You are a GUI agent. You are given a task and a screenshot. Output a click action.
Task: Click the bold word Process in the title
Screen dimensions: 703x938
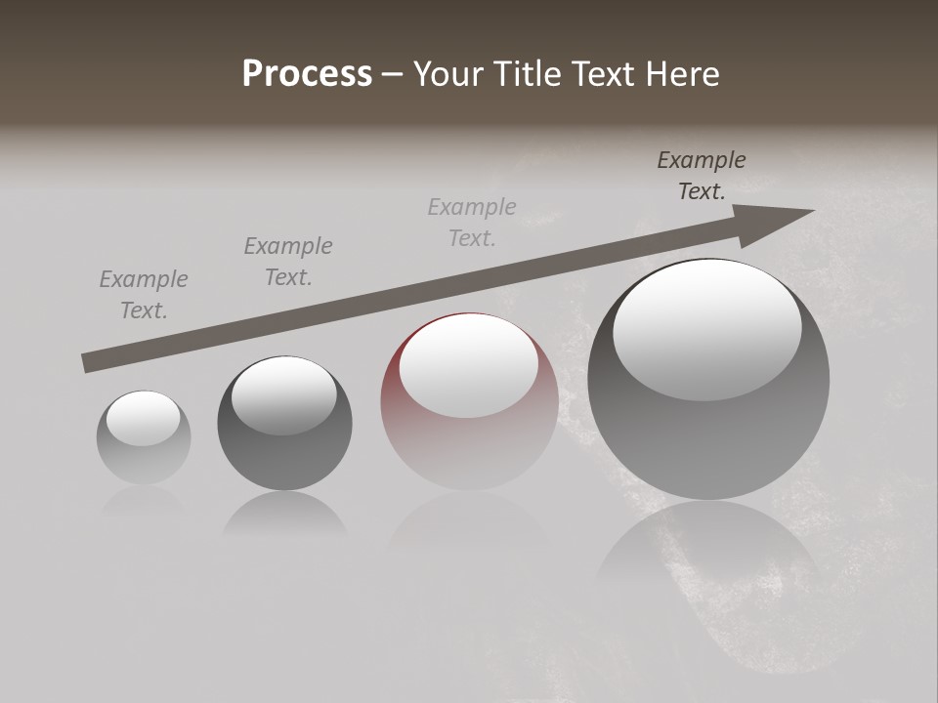[x=307, y=74]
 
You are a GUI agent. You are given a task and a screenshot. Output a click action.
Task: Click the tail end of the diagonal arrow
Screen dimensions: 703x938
[x=86, y=363]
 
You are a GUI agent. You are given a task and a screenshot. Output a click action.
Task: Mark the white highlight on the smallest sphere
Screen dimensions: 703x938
[x=143, y=419]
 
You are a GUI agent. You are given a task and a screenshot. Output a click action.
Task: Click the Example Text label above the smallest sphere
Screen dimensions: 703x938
[x=144, y=295]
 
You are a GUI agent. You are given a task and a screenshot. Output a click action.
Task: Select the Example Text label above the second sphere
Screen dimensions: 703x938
[x=288, y=262]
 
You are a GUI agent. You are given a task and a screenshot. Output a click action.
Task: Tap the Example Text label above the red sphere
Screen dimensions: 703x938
[x=472, y=223]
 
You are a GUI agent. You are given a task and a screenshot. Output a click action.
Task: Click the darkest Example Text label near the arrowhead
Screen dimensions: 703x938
[x=702, y=176]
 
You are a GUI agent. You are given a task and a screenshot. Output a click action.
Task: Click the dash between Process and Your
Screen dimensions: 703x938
[x=392, y=75]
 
